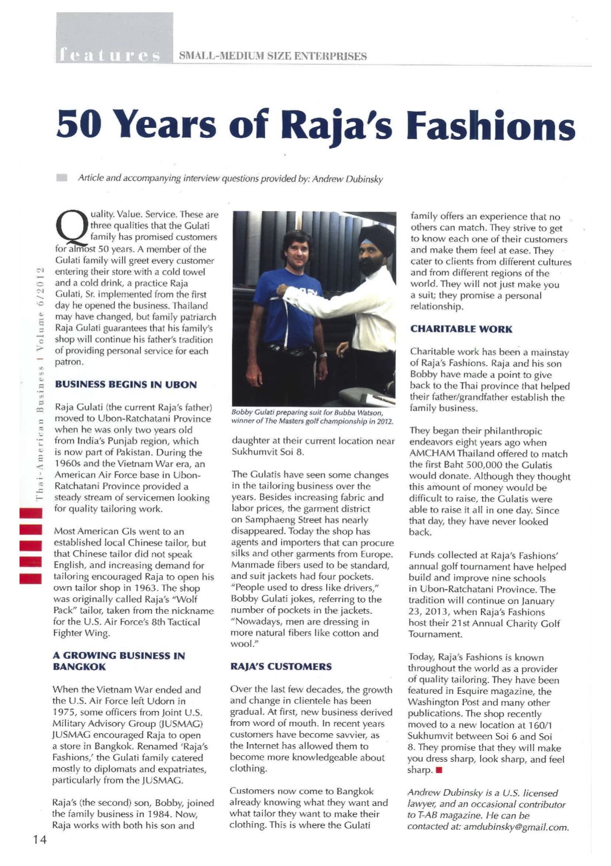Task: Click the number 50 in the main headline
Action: (79, 124)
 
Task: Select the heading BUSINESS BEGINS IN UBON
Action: (126, 385)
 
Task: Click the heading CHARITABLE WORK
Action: (461, 329)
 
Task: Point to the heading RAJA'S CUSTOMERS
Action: (281, 667)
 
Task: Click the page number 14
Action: (40, 839)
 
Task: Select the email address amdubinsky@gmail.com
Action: (516, 827)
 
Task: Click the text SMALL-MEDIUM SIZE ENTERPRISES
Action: (273, 56)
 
